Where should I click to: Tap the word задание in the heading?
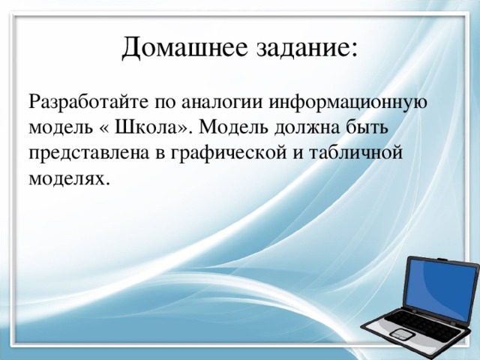(x=292, y=50)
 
